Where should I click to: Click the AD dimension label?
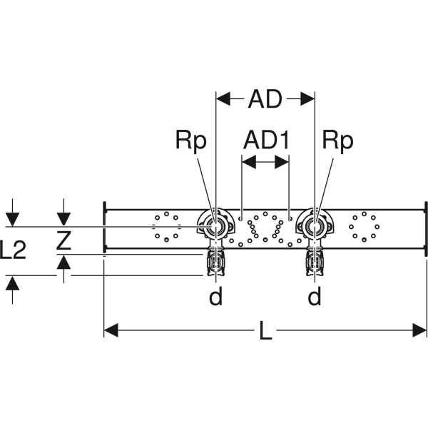[265, 100]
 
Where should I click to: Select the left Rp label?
[190, 141]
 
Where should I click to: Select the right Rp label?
[337, 141]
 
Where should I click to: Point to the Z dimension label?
[63, 242]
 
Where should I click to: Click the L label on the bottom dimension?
[265, 333]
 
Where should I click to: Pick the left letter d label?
[215, 296]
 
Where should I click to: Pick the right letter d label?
[315, 296]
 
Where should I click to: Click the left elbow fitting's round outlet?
[215, 228]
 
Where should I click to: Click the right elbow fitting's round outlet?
[315, 228]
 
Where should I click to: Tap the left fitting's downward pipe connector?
[215, 264]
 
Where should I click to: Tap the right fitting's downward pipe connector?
[315, 264]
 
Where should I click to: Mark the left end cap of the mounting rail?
[105, 228]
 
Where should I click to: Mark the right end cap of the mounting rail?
[426, 228]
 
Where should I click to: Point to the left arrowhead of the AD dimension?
[222, 100]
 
